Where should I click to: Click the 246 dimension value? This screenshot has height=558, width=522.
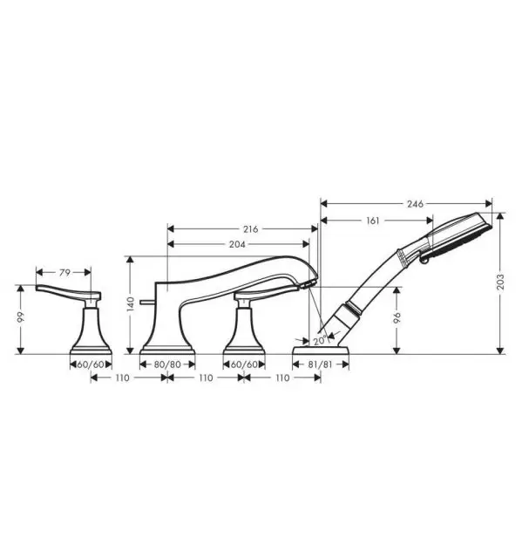[x=415, y=203]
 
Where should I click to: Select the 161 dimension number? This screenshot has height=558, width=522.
[x=373, y=221]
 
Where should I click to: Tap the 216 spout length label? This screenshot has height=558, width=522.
[x=251, y=229]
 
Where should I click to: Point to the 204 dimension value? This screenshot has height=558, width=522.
[x=237, y=244]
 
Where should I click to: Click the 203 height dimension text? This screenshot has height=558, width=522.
[x=500, y=282]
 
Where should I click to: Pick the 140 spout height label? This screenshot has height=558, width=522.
[x=131, y=304]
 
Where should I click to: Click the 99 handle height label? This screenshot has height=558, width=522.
[x=21, y=317]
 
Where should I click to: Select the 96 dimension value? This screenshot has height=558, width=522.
[x=397, y=317]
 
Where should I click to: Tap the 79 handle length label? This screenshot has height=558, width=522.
[x=64, y=273]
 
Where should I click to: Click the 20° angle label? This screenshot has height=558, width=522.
[x=319, y=341]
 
